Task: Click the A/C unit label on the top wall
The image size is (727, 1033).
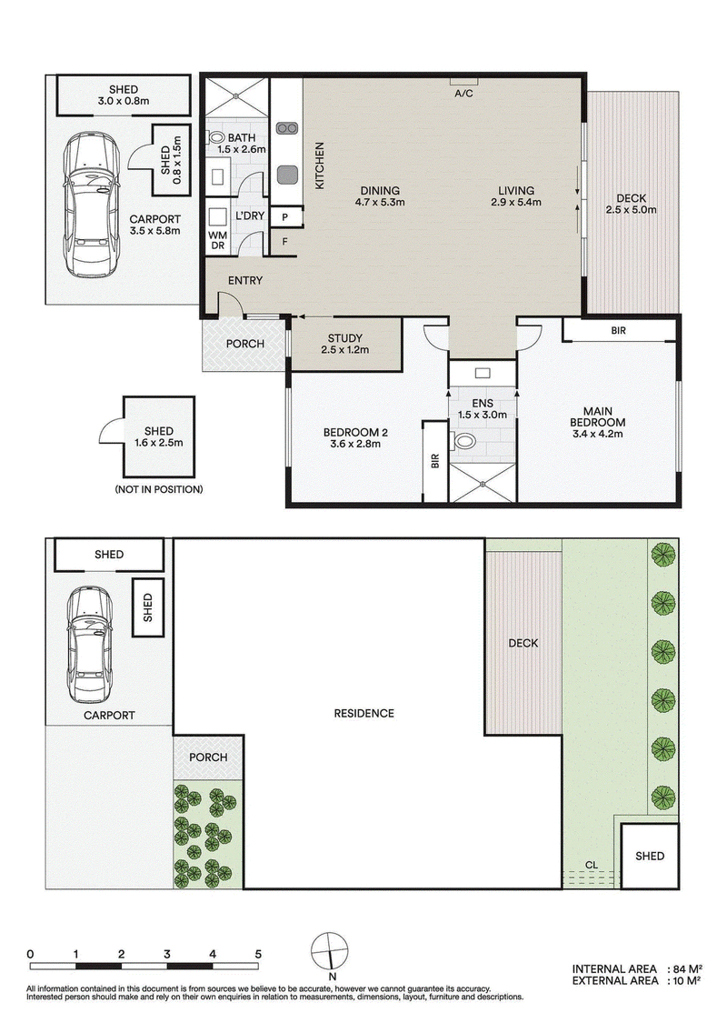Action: coord(463,94)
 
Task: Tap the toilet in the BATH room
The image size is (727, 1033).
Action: coord(216,137)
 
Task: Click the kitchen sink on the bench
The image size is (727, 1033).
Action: coord(286,175)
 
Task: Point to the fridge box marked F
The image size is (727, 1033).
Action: coord(285,242)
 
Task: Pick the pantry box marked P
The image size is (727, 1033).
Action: coord(285,216)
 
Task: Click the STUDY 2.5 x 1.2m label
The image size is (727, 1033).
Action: coord(345,344)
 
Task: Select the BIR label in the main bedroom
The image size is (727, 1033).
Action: coord(618,331)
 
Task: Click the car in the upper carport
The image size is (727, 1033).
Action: coord(92,205)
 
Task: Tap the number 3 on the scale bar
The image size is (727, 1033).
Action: coord(167,954)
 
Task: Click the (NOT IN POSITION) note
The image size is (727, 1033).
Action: coord(159,489)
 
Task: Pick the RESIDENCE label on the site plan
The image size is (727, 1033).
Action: coord(363,713)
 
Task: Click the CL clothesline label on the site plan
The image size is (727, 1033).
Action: coord(592,865)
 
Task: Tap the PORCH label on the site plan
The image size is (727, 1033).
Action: coord(208,757)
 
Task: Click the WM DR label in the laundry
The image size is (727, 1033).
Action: coord(216,240)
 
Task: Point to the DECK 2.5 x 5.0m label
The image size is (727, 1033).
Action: coord(631,205)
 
